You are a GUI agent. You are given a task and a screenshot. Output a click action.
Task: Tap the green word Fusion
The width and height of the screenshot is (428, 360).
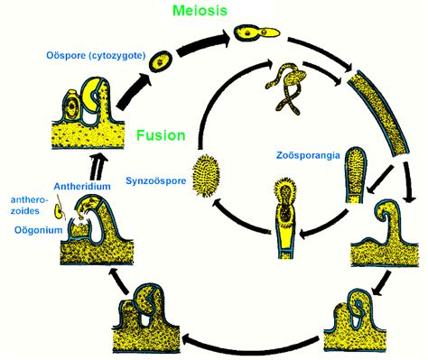[x=163, y=136]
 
